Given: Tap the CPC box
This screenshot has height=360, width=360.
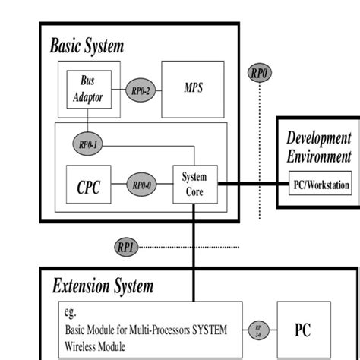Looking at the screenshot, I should (x=88, y=185).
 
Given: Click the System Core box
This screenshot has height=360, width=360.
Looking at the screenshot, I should (x=194, y=185).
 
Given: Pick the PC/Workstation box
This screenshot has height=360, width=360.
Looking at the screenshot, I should (x=321, y=184).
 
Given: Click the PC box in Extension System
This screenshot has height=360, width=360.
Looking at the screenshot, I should (x=303, y=330).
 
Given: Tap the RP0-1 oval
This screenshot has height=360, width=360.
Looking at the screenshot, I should (x=87, y=143).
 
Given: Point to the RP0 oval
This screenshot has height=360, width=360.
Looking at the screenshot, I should (x=260, y=74).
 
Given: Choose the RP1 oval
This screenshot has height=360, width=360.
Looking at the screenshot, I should (x=126, y=246).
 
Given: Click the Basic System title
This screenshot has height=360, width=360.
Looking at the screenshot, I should (x=87, y=45).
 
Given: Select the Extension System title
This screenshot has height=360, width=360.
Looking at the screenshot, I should (x=103, y=286).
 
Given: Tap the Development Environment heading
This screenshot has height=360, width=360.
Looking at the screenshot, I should (x=318, y=147).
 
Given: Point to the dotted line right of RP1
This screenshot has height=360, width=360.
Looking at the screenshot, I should (x=190, y=246).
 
